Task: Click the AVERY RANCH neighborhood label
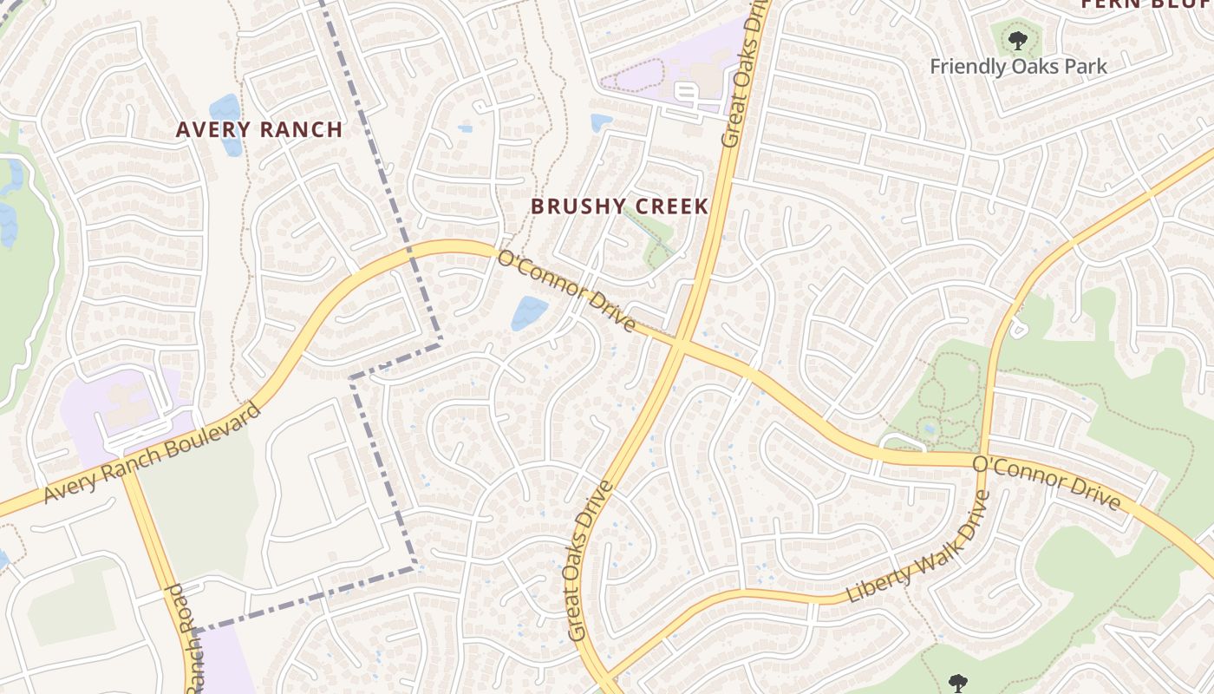pos(258,130)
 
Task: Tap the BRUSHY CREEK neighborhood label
pos(619,206)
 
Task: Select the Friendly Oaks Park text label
pos(1018,67)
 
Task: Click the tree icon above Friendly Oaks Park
pos(1017,39)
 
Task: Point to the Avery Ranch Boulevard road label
pos(153,454)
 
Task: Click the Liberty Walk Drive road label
pos(918,547)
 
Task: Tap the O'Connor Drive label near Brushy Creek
pos(567,290)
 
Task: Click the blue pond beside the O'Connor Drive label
pos(529,312)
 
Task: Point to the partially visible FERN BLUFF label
pos(1145,4)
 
